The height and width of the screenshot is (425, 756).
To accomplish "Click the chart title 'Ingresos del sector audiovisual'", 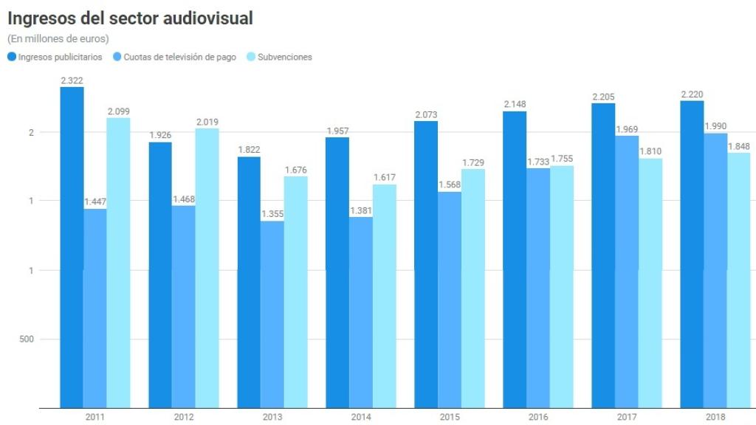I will (x=130, y=18).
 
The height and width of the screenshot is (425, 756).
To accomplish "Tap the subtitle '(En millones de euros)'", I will (x=58, y=38).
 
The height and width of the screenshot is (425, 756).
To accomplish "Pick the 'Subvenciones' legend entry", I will (x=284, y=57).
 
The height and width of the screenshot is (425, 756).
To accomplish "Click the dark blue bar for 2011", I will (x=72, y=247).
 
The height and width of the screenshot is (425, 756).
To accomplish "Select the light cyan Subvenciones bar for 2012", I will (x=207, y=268).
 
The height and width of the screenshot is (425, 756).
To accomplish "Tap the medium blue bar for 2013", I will (x=272, y=314).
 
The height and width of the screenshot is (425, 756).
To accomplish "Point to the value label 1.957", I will (x=337, y=131).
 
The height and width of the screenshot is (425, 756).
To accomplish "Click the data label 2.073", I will (x=426, y=114).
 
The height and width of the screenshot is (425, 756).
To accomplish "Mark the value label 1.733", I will (x=537, y=162).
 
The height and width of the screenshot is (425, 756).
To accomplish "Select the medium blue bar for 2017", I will (x=627, y=272).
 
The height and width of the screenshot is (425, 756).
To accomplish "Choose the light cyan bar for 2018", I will (x=738, y=280).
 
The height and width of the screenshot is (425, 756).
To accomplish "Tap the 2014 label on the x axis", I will (x=360, y=417).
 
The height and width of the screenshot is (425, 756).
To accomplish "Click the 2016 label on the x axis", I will (x=538, y=417).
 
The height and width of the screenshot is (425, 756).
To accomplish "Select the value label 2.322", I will (x=72, y=80).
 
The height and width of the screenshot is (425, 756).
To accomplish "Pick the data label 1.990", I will (x=715, y=126).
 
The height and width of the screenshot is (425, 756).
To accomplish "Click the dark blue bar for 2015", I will (x=426, y=264).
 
